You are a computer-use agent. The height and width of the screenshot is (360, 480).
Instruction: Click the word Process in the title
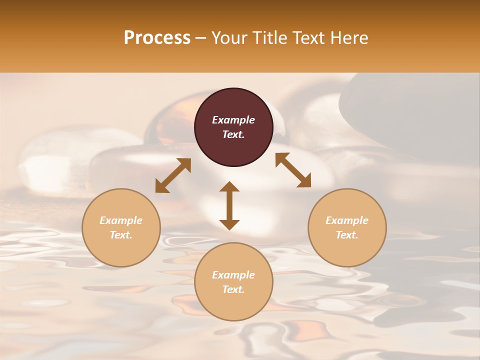coord(157,38)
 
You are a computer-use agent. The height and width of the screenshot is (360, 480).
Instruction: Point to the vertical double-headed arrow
coord(229,205)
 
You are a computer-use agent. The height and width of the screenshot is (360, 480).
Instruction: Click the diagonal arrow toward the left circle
coord(173,175)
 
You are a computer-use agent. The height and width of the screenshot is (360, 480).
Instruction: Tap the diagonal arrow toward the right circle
coord(293,170)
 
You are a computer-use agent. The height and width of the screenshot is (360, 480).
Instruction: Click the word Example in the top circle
coord(233,120)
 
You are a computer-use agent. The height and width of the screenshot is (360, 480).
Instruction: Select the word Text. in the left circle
coord(121,235)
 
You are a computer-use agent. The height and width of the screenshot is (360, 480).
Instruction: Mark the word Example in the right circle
coord(347,220)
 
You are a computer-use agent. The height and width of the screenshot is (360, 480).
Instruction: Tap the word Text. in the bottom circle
coord(233,289)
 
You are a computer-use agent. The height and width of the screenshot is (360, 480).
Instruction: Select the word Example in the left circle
coord(121,220)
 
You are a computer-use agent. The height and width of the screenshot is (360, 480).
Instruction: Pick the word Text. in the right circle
coord(347,235)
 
